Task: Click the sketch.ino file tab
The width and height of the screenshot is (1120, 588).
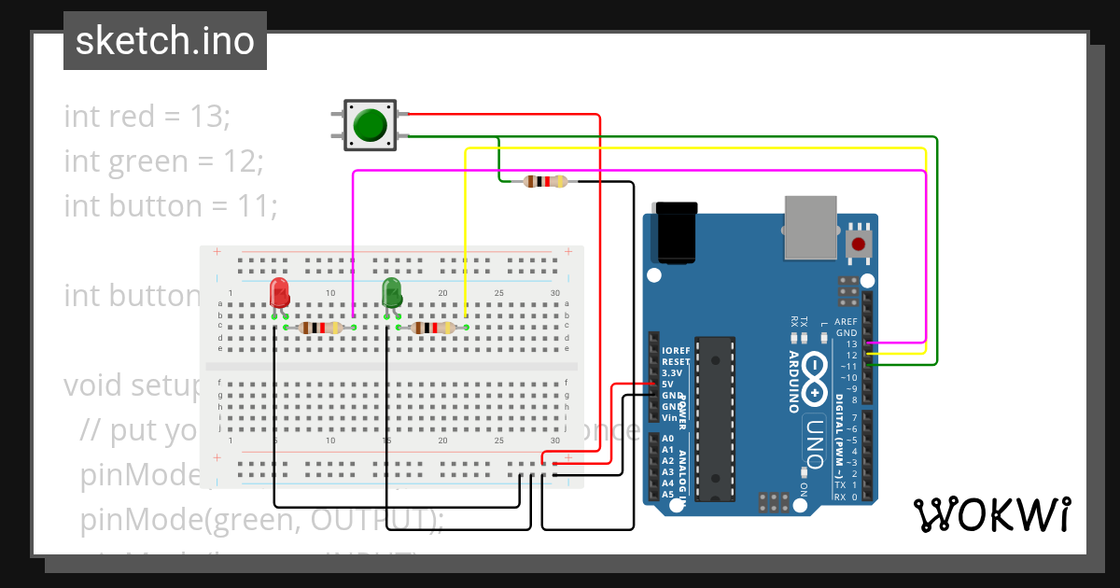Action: (x=164, y=41)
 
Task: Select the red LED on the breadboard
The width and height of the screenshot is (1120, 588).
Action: (x=279, y=293)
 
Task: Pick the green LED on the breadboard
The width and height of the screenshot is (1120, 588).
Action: (x=392, y=292)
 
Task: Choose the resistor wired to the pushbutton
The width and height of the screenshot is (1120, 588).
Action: (x=545, y=182)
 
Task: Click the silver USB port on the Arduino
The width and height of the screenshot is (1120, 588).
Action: (x=811, y=227)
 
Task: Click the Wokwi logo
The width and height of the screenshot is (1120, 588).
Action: (x=991, y=514)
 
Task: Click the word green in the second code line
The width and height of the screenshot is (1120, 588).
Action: (x=147, y=161)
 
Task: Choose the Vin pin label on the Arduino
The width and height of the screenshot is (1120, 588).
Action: (x=670, y=417)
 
